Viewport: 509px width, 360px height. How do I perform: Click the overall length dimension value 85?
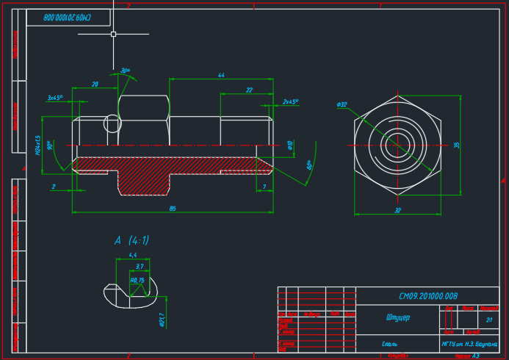coord(173,209)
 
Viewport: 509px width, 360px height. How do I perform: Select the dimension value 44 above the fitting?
coord(221,75)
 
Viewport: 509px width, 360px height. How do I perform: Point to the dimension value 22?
coord(249,90)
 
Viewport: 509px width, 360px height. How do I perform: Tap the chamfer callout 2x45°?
coord(290,102)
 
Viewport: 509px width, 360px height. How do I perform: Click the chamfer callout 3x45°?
coord(55,97)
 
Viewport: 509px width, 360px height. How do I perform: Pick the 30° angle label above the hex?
coord(126,71)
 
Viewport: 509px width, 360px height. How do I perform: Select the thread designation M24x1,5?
coord(37,145)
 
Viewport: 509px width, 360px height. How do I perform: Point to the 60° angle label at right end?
coord(310,166)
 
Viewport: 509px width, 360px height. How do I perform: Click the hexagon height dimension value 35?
coord(457,145)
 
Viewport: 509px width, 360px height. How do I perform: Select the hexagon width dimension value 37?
coord(397,210)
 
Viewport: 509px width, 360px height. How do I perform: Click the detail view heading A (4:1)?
coord(131,240)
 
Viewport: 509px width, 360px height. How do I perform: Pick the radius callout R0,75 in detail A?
coord(137,280)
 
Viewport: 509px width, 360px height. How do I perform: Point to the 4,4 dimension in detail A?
coord(133,255)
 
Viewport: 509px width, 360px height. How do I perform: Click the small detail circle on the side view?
coord(112,123)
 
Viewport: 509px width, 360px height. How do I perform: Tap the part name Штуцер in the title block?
coord(397,318)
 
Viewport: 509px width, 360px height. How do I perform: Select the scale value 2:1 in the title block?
coord(489,320)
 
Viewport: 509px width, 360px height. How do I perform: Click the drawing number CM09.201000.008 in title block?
coord(428,296)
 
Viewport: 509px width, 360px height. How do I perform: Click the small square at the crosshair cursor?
coord(113,34)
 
